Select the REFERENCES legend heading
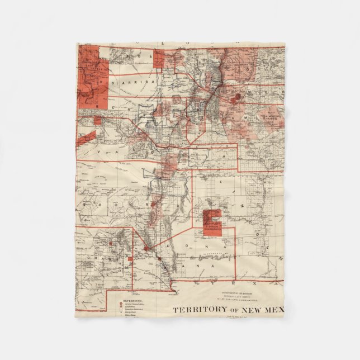pyautogui.click(x=129, y=300)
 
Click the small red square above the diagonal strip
pyautogui.click(x=97, y=120)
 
